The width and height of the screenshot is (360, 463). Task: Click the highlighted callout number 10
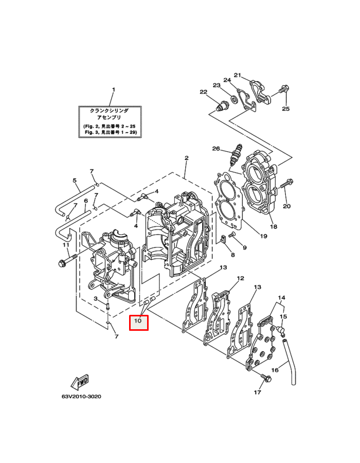[138, 320]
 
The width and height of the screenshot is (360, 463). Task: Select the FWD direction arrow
[80, 382]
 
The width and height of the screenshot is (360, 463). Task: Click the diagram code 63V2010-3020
[81, 396]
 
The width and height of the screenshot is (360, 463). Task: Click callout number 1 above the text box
[114, 89]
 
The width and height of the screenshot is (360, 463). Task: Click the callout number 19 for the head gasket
[263, 236]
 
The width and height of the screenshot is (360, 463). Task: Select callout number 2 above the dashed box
[187, 158]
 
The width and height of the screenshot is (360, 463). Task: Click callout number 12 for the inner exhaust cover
[241, 278]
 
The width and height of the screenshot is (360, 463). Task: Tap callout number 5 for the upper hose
[75, 180]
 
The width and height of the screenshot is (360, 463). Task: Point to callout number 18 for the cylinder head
[274, 226]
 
